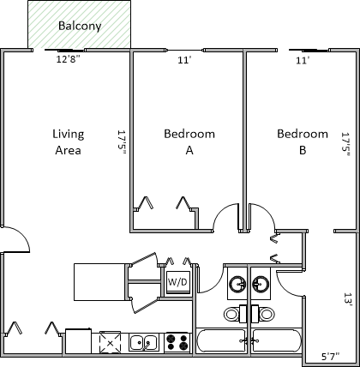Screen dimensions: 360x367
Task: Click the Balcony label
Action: click(x=80, y=26)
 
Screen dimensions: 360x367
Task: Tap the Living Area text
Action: click(x=69, y=142)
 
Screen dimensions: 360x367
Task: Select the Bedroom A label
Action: click(x=189, y=142)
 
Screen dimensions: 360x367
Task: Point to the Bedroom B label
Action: click(x=303, y=142)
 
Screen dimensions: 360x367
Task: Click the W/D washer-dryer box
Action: click(x=177, y=282)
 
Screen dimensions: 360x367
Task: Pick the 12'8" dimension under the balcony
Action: click(x=69, y=59)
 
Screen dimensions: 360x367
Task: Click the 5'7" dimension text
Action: click(x=331, y=357)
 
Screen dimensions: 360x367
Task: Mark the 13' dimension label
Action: click(x=348, y=299)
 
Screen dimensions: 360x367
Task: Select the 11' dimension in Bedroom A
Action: click(x=184, y=60)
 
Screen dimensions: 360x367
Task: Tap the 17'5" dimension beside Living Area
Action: click(x=122, y=142)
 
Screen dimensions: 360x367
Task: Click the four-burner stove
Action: click(x=177, y=342)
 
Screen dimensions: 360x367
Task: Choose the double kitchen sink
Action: click(x=143, y=342)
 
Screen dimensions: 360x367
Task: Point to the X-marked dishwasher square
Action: click(x=110, y=342)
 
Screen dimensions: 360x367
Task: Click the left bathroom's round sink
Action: click(x=237, y=285)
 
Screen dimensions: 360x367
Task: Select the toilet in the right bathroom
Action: click(x=263, y=314)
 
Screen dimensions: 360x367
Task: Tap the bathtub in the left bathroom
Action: click(x=222, y=340)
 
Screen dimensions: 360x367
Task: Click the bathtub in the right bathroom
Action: click(x=277, y=340)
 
